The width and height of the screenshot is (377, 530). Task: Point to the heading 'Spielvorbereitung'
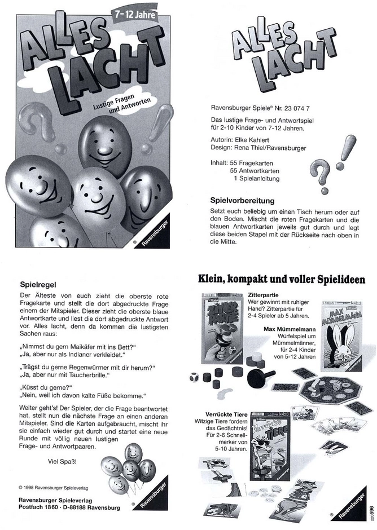tap(242, 200)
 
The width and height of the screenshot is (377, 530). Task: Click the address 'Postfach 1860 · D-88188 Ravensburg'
tap(69, 507)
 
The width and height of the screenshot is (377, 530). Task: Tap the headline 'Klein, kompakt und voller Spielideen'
tap(281, 279)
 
